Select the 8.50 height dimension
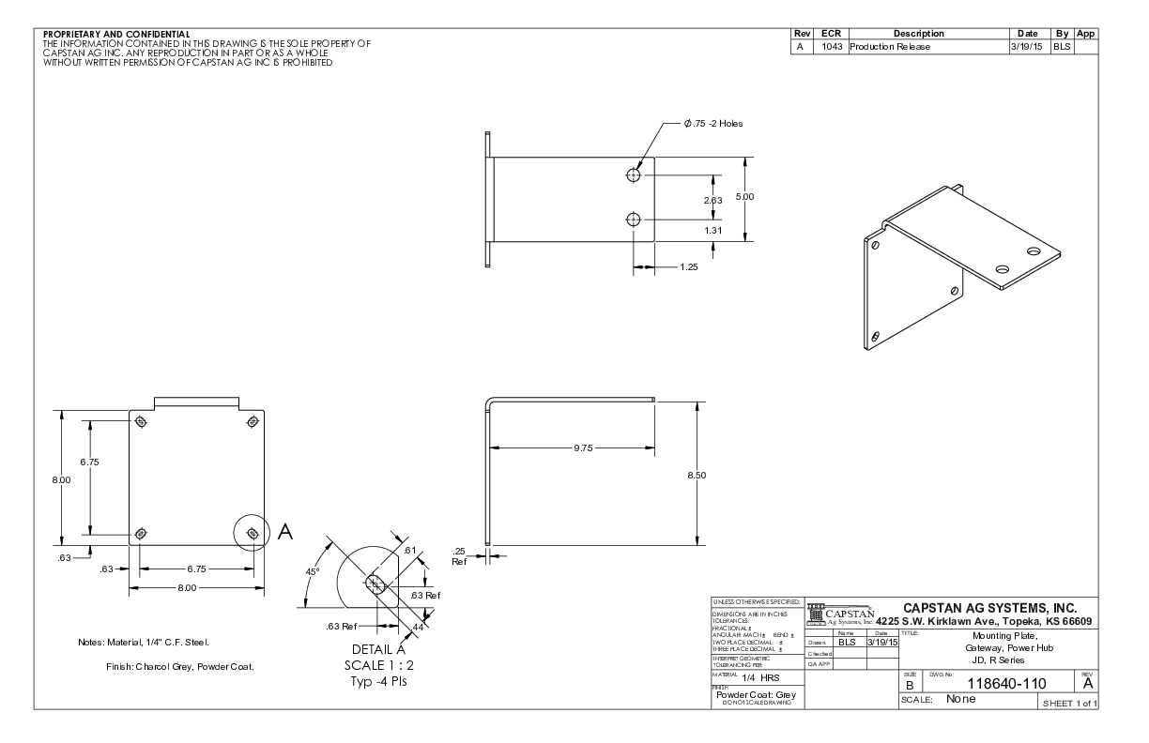(697, 475)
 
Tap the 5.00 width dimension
(744, 196)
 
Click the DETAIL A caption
(377, 649)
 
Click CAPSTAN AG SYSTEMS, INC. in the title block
(996, 608)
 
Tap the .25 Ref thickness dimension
(459, 556)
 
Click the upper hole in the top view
(634, 174)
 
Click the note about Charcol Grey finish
(180, 667)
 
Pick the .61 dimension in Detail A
(409, 550)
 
